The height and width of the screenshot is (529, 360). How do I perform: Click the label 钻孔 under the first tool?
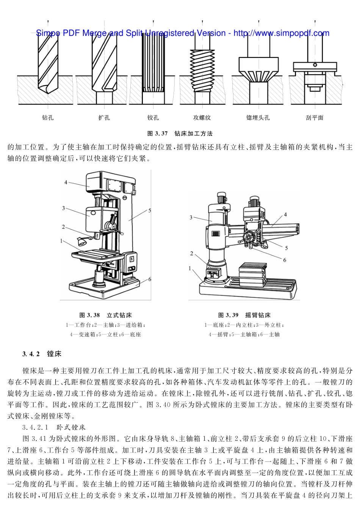[x=47, y=118]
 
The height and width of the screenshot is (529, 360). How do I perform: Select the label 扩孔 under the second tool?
[x=104, y=118]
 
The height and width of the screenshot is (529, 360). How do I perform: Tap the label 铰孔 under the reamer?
[x=153, y=118]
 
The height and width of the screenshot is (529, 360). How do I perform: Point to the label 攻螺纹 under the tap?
[x=202, y=118]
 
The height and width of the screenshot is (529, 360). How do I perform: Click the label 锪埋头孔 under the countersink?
[x=258, y=118]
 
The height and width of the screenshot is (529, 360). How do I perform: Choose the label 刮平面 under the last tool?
[x=315, y=118]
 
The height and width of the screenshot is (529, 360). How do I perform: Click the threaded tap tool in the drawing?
[x=202, y=70]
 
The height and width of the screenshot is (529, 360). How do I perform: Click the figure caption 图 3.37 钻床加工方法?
[x=180, y=134]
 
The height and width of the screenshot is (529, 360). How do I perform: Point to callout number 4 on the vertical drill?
[x=66, y=183]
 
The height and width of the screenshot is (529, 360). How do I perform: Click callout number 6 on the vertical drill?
[x=150, y=279]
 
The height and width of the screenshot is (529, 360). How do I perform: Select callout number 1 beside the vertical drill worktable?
[x=61, y=241]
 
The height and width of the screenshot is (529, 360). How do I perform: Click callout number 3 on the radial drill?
[x=191, y=217]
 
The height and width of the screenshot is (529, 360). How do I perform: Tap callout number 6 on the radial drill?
[x=285, y=260]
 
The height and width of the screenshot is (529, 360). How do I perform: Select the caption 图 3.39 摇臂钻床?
[x=244, y=315]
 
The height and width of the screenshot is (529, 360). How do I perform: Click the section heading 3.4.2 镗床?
[x=42, y=354]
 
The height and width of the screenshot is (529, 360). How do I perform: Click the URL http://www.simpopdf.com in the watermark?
[x=281, y=33]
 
